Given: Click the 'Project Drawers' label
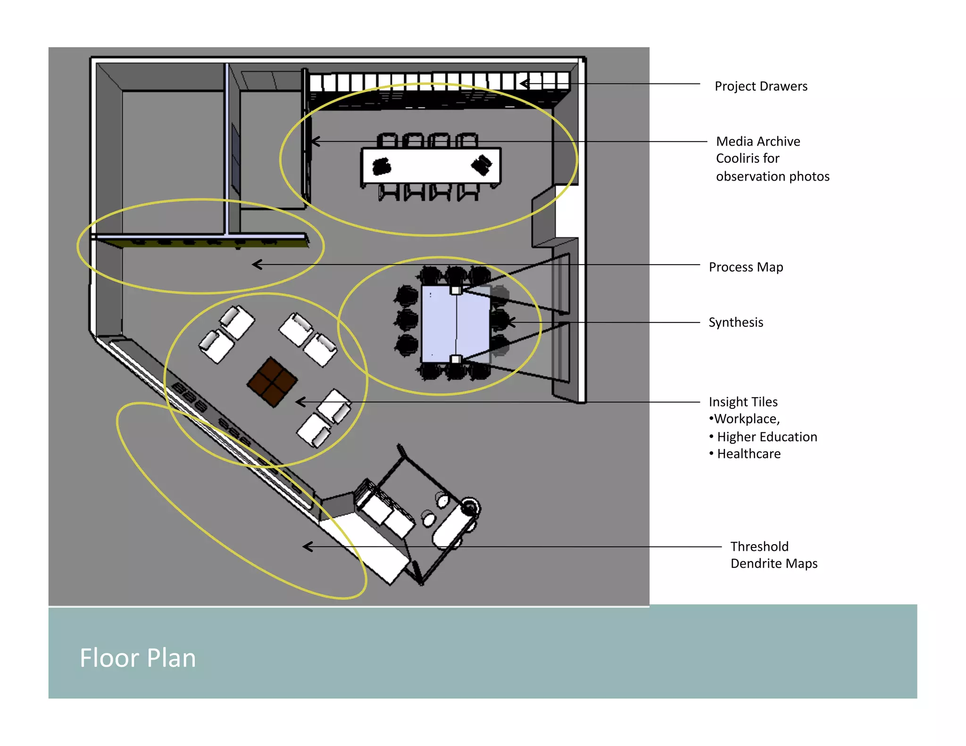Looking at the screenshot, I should [x=760, y=86].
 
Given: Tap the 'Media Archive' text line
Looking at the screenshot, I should [x=758, y=141].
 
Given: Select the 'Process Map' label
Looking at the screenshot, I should [x=745, y=267].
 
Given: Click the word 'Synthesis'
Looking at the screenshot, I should [x=735, y=323].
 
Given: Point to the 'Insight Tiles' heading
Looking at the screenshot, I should [x=743, y=402].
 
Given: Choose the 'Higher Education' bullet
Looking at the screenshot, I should [x=766, y=437].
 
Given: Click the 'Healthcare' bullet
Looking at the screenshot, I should [x=748, y=454].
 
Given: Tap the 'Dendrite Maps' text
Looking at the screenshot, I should [x=774, y=564].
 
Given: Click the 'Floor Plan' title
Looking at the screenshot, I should [x=137, y=658].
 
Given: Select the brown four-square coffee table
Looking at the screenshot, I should [x=272, y=381].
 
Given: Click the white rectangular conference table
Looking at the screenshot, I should [x=431, y=166].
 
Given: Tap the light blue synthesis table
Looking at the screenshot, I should [x=455, y=323].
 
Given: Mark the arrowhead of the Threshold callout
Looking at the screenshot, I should [x=306, y=547].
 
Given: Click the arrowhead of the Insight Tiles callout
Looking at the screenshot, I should [x=299, y=402].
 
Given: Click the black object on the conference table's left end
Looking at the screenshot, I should [x=381, y=166].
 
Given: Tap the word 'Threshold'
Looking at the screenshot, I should [x=759, y=547].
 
